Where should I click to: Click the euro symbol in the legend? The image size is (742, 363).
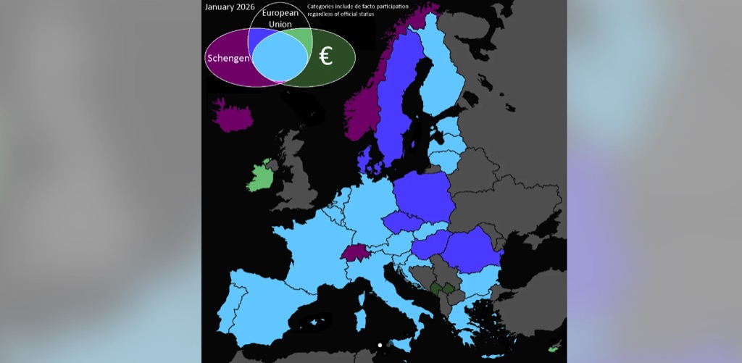tap(326, 57)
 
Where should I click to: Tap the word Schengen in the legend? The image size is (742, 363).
tap(228, 59)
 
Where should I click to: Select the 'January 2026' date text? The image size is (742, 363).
tap(229, 7)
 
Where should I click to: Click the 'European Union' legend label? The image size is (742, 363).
tap(280, 19)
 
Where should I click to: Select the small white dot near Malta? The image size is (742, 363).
tap(380, 345)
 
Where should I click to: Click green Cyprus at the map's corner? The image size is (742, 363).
tap(554, 349)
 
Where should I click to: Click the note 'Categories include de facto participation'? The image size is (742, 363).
tap(357, 7)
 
